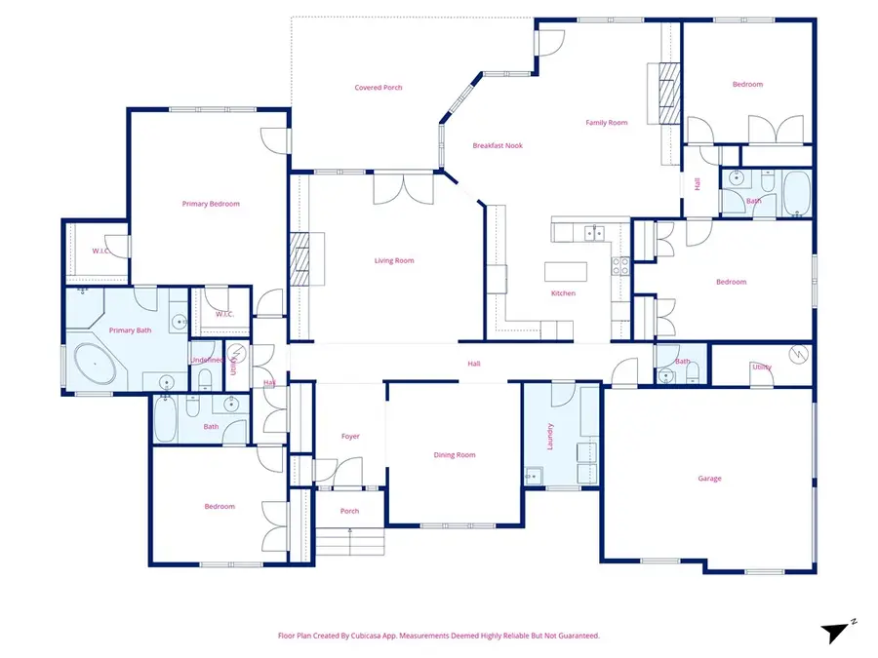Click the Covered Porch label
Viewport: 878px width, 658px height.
pos(378,88)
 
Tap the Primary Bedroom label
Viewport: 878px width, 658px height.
pos(211,204)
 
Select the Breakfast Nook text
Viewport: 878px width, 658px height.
pos(498,145)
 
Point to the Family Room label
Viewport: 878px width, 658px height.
pos(607,123)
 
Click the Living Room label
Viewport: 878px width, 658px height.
pos(394,260)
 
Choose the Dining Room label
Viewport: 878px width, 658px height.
pos(454,455)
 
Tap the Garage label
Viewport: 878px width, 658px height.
pos(709,479)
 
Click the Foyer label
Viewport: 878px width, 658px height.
pos(350,437)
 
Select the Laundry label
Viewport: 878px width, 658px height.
pos(550,437)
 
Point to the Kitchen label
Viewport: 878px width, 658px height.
pos(563,293)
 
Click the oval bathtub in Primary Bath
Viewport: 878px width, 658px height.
pos(96,364)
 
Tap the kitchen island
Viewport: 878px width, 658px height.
pos(566,271)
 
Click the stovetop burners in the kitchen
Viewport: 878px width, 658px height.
pos(620,266)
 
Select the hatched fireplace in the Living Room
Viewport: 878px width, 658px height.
pos(299,258)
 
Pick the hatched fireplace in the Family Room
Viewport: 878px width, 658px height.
pos(669,93)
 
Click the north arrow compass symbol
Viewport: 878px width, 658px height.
pos(837,632)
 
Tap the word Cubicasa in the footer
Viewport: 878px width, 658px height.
pos(366,636)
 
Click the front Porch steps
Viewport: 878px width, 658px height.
pos(350,541)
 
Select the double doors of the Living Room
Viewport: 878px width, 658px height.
pos(404,189)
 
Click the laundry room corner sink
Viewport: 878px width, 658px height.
pos(533,476)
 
